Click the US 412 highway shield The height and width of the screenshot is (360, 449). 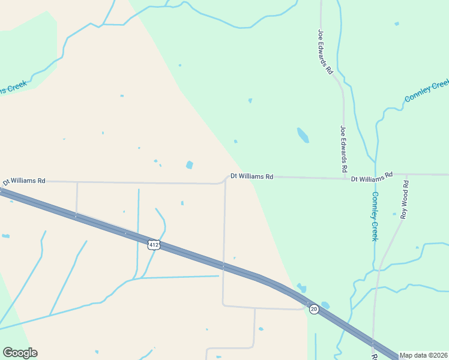tap(154, 244)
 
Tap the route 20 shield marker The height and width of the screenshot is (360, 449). tap(314, 309)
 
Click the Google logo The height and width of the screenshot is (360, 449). tap(20, 353)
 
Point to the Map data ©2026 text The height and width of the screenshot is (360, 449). tap(423, 355)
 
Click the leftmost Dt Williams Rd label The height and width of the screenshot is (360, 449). tap(24, 181)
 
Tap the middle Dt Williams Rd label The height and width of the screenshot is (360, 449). tap(252, 176)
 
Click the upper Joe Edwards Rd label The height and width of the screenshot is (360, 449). tap(325, 52)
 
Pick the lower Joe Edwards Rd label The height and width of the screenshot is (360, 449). tap(345, 148)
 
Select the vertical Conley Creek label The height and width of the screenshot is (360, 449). tap(375, 216)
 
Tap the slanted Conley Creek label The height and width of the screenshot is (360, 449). tap(426, 90)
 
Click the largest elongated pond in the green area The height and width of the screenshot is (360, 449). tap(303, 135)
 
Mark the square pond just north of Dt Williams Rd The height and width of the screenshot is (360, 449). tap(190, 165)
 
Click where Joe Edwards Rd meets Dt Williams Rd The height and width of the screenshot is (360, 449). tap(344, 178)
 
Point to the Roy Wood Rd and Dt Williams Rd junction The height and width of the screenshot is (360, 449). tap(406, 175)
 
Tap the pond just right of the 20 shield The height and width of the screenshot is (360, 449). tap(325, 305)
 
